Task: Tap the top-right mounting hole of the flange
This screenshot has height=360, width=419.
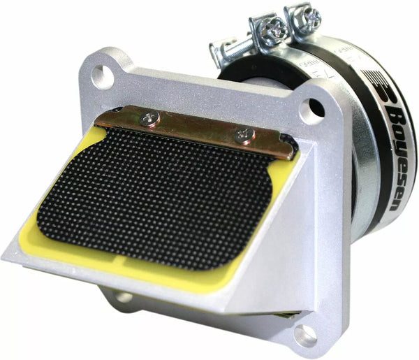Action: [311, 108]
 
